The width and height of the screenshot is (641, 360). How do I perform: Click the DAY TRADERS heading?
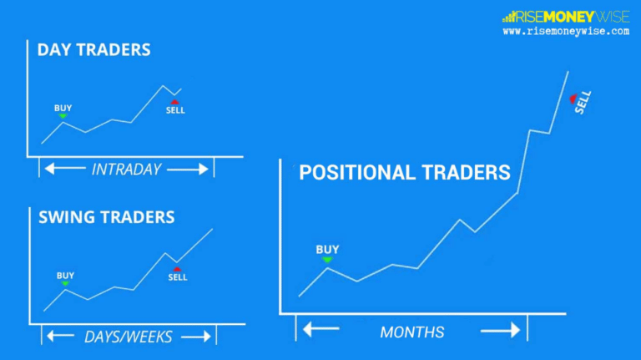(93, 49)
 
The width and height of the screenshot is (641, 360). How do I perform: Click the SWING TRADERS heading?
(106, 217)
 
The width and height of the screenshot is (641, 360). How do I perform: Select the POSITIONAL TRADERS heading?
(404, 173)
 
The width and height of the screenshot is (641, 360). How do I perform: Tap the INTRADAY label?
(126, 169)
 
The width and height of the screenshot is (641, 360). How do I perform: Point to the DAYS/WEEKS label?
(128, 337)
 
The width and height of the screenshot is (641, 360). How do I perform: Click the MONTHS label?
(411, 332)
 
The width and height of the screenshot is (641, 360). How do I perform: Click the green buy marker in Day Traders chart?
(63, 116)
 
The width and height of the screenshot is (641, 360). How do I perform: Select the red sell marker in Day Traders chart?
(175, 102)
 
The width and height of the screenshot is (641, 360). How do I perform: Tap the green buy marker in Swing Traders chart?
(65, 284)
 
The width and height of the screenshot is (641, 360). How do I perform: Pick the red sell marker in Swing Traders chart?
(177, 270)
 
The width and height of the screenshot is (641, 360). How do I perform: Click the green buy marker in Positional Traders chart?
(327, 260)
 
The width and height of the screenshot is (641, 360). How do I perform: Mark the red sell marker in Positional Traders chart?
(573, 99)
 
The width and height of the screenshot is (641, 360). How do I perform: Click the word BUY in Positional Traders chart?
(327, 249)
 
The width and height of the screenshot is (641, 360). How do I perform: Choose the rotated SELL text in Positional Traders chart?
(583, 103)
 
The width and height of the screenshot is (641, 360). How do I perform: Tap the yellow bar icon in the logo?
(508, 16)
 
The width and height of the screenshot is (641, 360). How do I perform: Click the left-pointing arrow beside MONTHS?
(320, 330)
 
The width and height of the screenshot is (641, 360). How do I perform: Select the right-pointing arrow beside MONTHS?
(500, 330)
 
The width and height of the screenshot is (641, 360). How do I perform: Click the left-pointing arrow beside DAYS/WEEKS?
(60, 336)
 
